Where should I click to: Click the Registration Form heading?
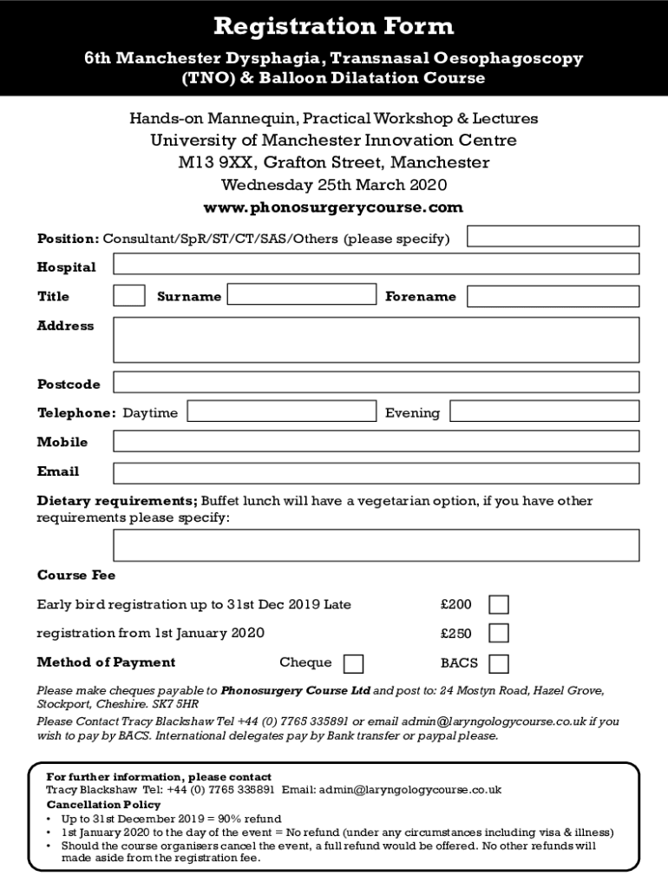[333, 27]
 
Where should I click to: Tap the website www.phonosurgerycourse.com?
[333, 207]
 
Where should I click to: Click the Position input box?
[553, 236]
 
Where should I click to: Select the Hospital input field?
[376, 264]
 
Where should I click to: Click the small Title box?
[129, 296]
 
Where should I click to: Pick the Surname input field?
[301, 294]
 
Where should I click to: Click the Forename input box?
[553, 296]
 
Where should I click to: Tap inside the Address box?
[376, 339]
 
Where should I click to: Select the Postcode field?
[376, 382]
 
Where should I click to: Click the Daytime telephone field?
[281, 412]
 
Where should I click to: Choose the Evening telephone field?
[544, 412]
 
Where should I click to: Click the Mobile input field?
[376, 441]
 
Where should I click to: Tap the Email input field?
[376, 472]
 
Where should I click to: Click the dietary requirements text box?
[376, 545]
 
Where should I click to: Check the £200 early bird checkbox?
[499, 605]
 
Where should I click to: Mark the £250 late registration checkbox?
[499, 633]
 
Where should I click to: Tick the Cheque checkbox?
[353, 664]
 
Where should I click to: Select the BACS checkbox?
[499, 664]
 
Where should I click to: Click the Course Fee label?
[76, 576]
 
